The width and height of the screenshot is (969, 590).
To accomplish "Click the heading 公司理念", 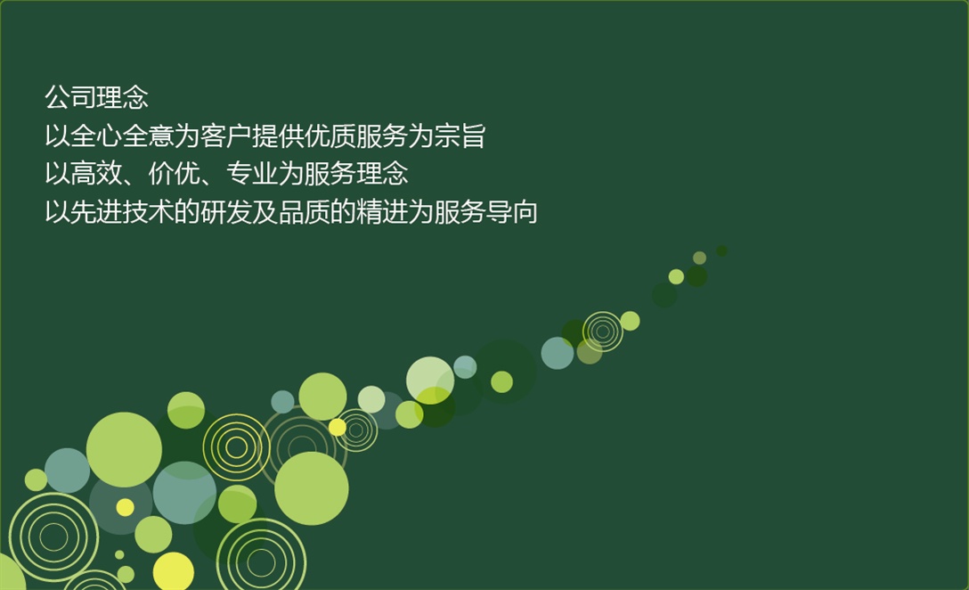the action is [x=96, y=98].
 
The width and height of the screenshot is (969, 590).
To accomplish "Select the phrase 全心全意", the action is [x=122, y=136].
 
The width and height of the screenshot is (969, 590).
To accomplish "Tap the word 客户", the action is [x=226, y=136].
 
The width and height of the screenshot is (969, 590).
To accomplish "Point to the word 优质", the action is [x=330, y=136].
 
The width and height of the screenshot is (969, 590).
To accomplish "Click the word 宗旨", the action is [x=460, y=136].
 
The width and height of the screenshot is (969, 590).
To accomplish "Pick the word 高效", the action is [x=96, y=174].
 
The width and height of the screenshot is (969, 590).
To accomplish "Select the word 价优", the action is [x=175, y=174].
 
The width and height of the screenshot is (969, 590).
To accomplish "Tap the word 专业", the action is [x=252, y=174].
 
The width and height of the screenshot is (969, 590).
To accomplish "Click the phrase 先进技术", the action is [x=122, y=212].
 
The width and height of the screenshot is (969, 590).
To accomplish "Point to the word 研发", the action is [x=226, y=212].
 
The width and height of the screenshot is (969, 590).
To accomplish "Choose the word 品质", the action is [x=304, y=212].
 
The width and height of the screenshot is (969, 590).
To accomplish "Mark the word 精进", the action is [x=382, y=212].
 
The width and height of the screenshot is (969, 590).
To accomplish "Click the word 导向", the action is [x=512, y=212].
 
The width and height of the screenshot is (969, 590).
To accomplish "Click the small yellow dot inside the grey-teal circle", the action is [x=125, y=507].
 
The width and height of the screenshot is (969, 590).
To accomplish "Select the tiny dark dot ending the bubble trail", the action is [x=721, y=250].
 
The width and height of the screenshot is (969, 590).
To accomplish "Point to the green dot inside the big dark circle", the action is [x=501, y=381].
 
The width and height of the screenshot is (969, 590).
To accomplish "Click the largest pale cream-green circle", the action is [x=430, y=380].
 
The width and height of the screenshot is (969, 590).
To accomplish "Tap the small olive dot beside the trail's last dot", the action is [x=699, y=258].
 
